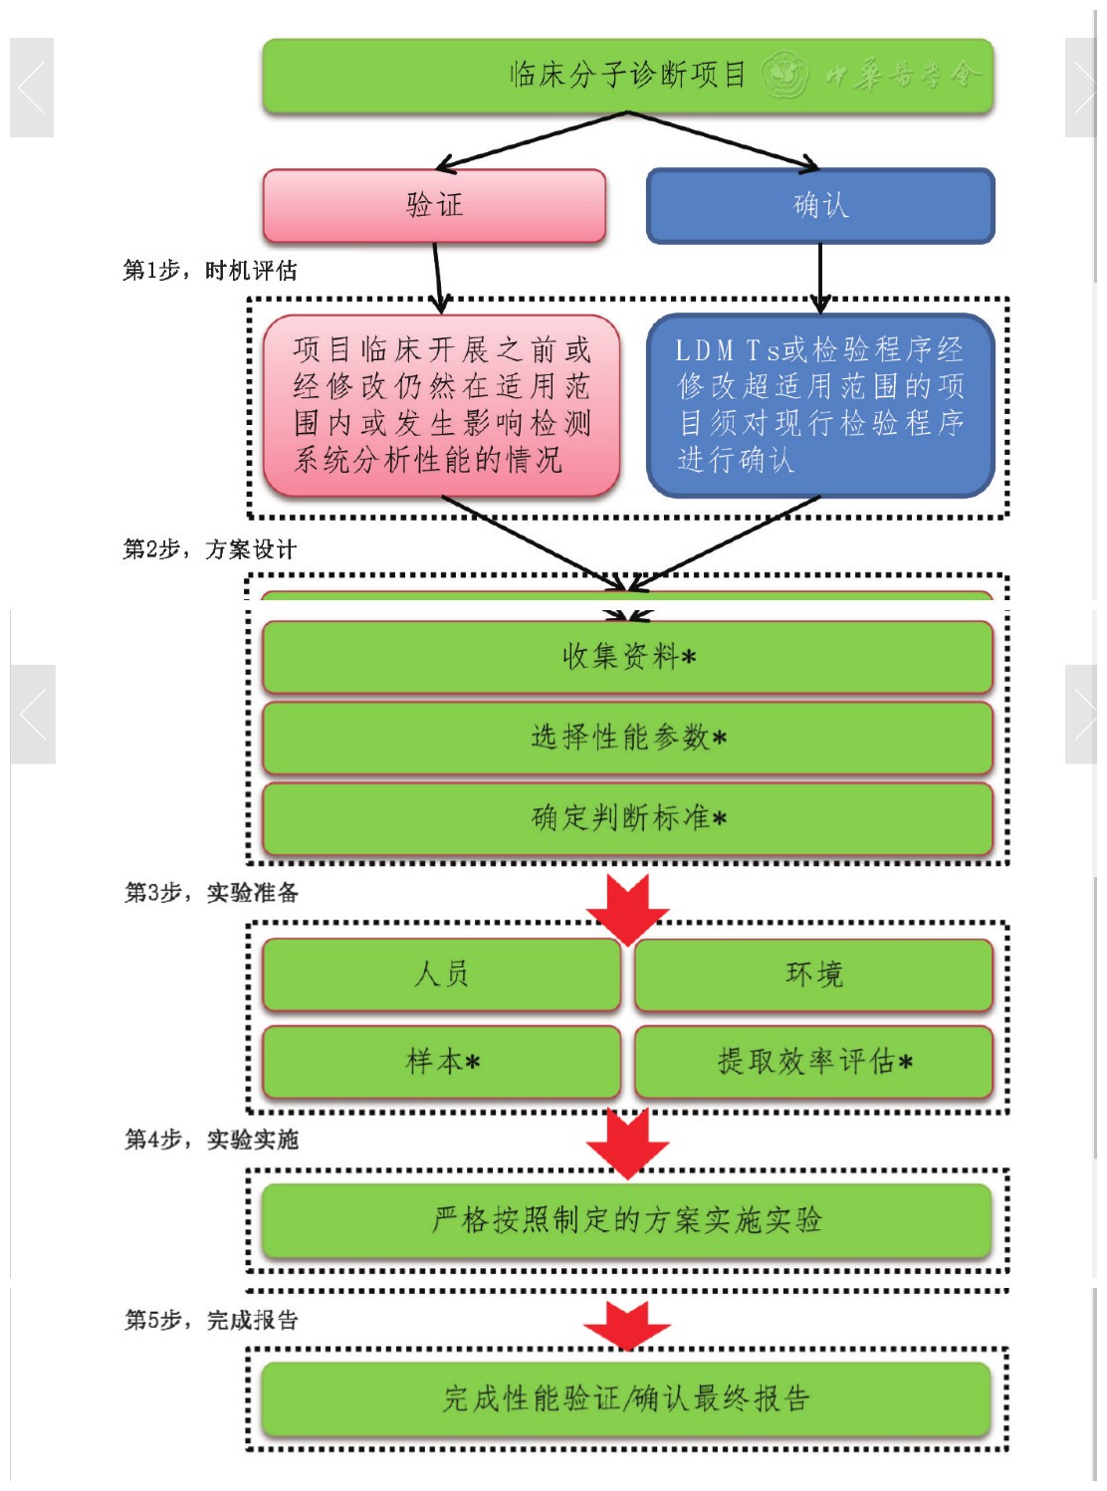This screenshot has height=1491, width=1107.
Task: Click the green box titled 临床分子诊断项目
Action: (x=627, y=76)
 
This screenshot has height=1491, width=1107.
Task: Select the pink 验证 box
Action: (x=434, y=206)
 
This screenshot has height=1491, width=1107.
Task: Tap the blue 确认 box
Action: (x=820, y=206)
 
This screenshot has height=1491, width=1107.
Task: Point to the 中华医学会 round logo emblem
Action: (x=784, y=75)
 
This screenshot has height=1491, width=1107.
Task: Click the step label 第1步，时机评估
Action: (x=210, y=271)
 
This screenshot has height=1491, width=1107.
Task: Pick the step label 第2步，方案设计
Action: (x=210, y=549)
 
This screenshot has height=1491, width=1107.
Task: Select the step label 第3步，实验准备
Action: (x=211, y=893)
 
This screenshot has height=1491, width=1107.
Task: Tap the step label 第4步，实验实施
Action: (x=211, y=1140)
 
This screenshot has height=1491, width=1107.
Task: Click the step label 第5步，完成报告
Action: (x=211, y=1321)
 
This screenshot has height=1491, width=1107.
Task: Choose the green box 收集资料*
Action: (x=627, y=657)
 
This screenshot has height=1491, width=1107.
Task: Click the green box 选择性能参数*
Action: (x=627, y=738)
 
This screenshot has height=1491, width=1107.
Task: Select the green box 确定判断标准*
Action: (x=627, y=818)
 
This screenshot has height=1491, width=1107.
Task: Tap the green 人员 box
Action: (x=441, y=974)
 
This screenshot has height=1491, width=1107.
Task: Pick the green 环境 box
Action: (x=813, y=974)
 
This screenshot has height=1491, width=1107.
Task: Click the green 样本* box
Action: (x=441, y=1062)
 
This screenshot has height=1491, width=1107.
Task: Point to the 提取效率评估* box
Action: (x=813, y=1062)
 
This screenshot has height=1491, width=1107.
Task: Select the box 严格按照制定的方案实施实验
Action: (x=627, y=1220)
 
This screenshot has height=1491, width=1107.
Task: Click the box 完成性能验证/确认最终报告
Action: (x=627, y=1398)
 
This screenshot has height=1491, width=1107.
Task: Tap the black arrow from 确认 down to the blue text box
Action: (x=820, y=279)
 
